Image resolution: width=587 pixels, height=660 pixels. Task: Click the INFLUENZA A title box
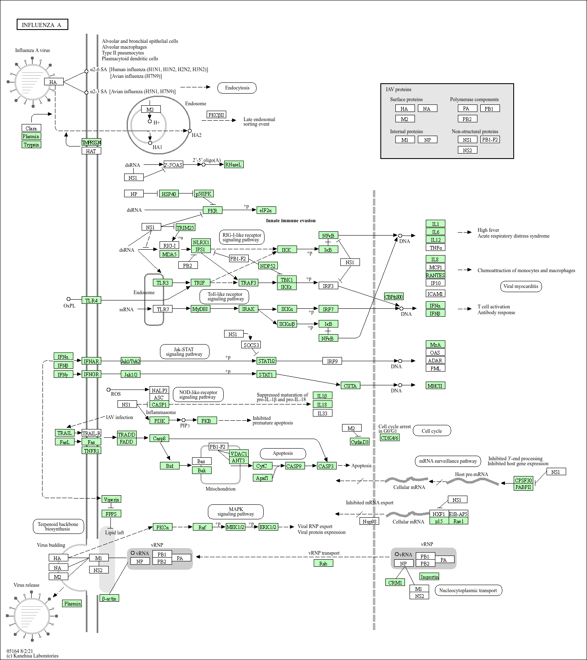(x=42, y=25)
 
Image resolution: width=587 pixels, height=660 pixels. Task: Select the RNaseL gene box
(x=233, y=164)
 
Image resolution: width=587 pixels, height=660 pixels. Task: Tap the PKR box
(x=212, y=211)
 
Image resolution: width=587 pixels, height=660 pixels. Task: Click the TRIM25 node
(x=185, y=228)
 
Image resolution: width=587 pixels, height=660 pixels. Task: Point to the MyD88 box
(x=200, y=309)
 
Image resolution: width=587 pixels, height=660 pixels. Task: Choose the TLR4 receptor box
(x=91, y=300)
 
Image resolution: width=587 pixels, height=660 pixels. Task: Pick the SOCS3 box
(x=251, y=345)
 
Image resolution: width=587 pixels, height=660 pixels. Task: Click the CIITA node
(x=350, y=386)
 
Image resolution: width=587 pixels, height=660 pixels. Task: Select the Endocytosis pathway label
(x=237, y=88)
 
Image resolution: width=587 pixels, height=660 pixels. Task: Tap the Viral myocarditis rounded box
(x=520, y=286)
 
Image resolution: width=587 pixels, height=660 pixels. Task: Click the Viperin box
(x=111, y=499)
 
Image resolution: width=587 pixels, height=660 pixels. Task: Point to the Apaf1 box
(x=262, y=478)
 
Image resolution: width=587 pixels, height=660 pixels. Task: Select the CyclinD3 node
(x=360, y=442)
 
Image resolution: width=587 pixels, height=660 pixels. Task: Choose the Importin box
(x=429, y=577)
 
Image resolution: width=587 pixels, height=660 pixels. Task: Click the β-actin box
(x=109, y=598)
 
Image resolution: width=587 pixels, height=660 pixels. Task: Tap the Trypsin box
(x=31, y=145)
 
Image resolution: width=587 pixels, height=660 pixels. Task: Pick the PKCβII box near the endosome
(x=217, y=115)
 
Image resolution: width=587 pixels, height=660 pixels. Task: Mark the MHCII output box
(x=435, y=386)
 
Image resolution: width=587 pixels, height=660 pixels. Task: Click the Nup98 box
(x=369, y=521)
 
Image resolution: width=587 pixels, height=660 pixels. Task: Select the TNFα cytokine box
(x=435, y=248)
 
